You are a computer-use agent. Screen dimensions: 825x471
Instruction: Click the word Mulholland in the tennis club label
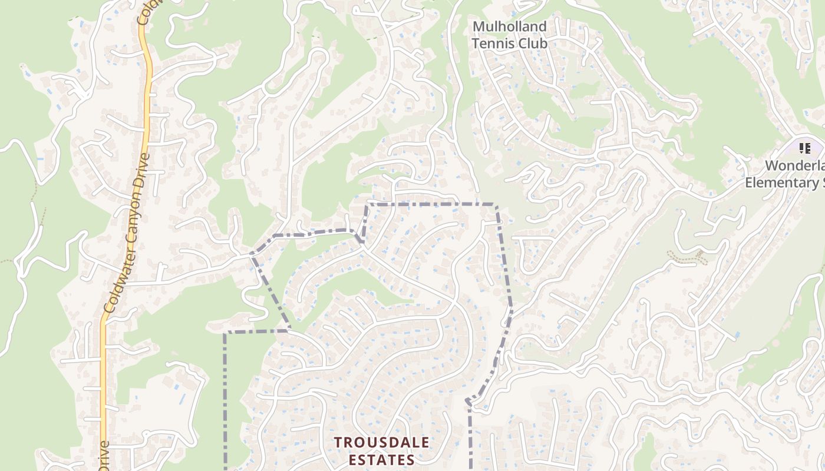tap(509, 27)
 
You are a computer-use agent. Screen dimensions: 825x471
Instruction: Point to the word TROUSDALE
tap(382, 442)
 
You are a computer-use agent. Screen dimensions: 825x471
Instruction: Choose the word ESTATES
tap(381, 459)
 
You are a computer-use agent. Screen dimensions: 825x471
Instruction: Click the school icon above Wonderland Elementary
tap(804, 148)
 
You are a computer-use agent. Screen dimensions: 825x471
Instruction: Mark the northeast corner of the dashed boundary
tap(496, 205)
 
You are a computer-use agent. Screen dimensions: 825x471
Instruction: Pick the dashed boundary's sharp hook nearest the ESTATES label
tap(468, 401)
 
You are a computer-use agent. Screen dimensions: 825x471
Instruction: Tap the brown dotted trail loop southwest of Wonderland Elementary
tap(687, 257)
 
